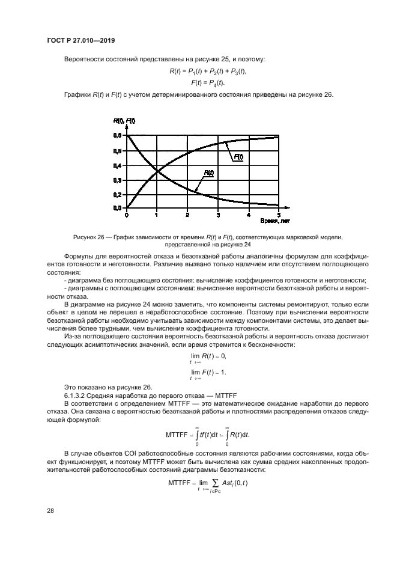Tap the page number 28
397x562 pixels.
[x=51, y=510]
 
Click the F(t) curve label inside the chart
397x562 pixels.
[x=238, y=156]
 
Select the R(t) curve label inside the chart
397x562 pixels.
[x=208, y=173]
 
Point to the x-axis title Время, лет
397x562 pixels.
[x=263, y=222]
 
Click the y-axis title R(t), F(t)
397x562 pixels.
[x=124, y=121]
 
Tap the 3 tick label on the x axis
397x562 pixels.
[x=218, y=215]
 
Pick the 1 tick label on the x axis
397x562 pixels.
[x=157, y=215]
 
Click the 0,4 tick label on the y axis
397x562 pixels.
[x=117, y=165]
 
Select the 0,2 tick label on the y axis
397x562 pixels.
[x=117, y=194]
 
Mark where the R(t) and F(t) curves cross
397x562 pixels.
[x=157, y=172]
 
